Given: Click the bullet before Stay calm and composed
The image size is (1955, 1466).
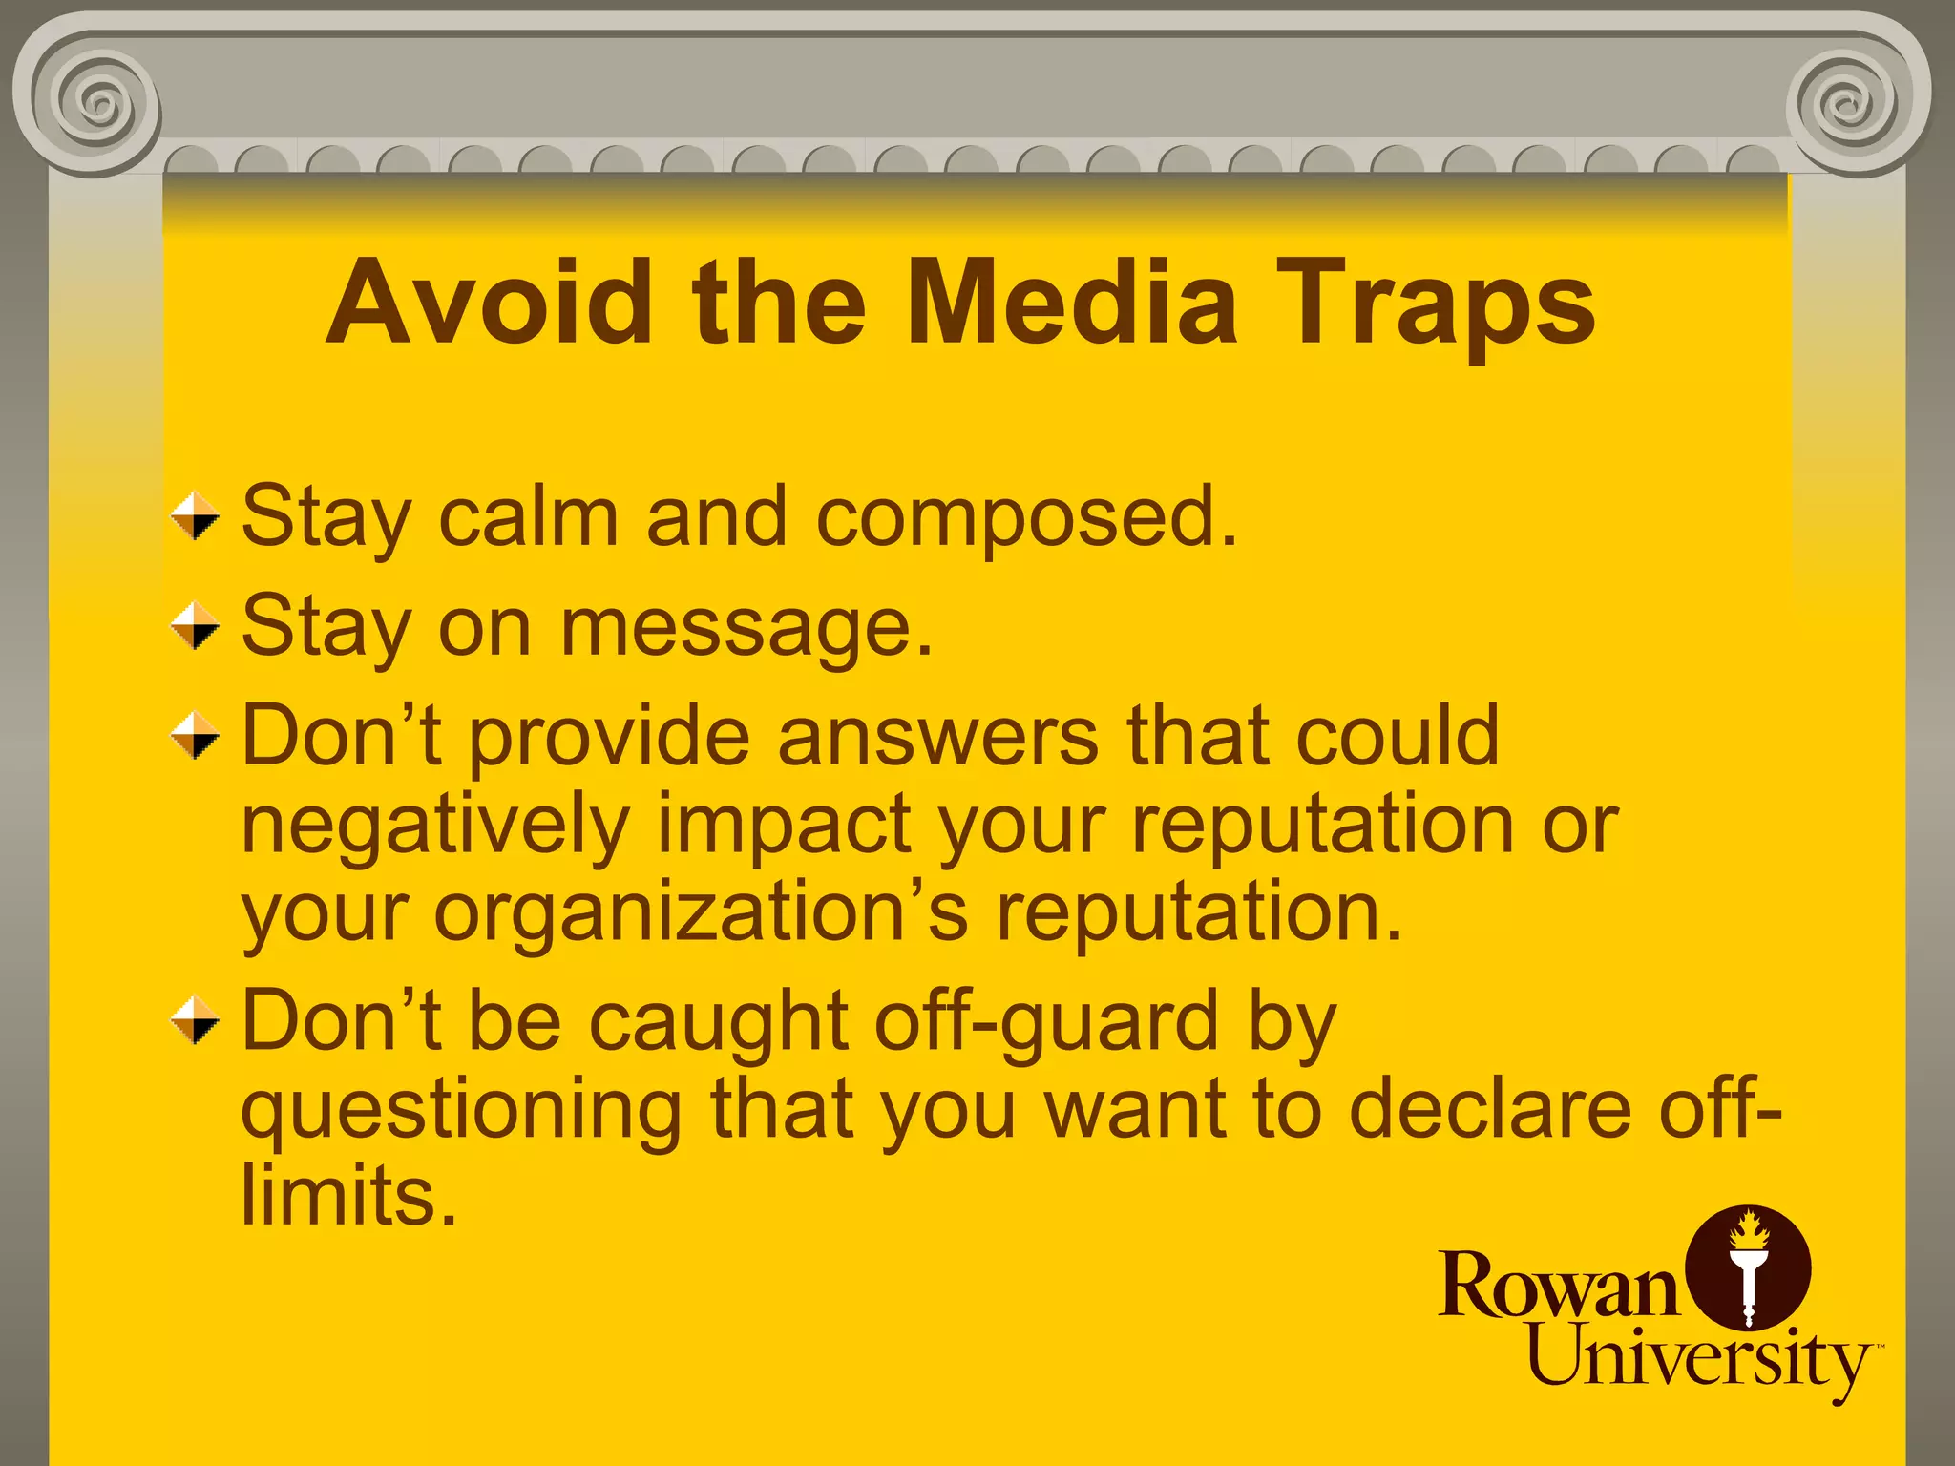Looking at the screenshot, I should [195, 516].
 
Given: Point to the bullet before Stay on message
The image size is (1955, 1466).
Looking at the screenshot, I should [195, 626].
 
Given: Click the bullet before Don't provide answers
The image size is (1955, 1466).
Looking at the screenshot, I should [195, 736].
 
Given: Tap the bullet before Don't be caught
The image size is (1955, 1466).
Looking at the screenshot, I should [195, 1021].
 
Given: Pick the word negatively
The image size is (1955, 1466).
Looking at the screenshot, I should [435, 827].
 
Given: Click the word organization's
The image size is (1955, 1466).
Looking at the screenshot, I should [701, 913].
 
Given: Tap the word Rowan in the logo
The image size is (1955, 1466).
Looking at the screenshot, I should [1558, 1287].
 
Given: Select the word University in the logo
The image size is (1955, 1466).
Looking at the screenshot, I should [1698, 1359].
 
